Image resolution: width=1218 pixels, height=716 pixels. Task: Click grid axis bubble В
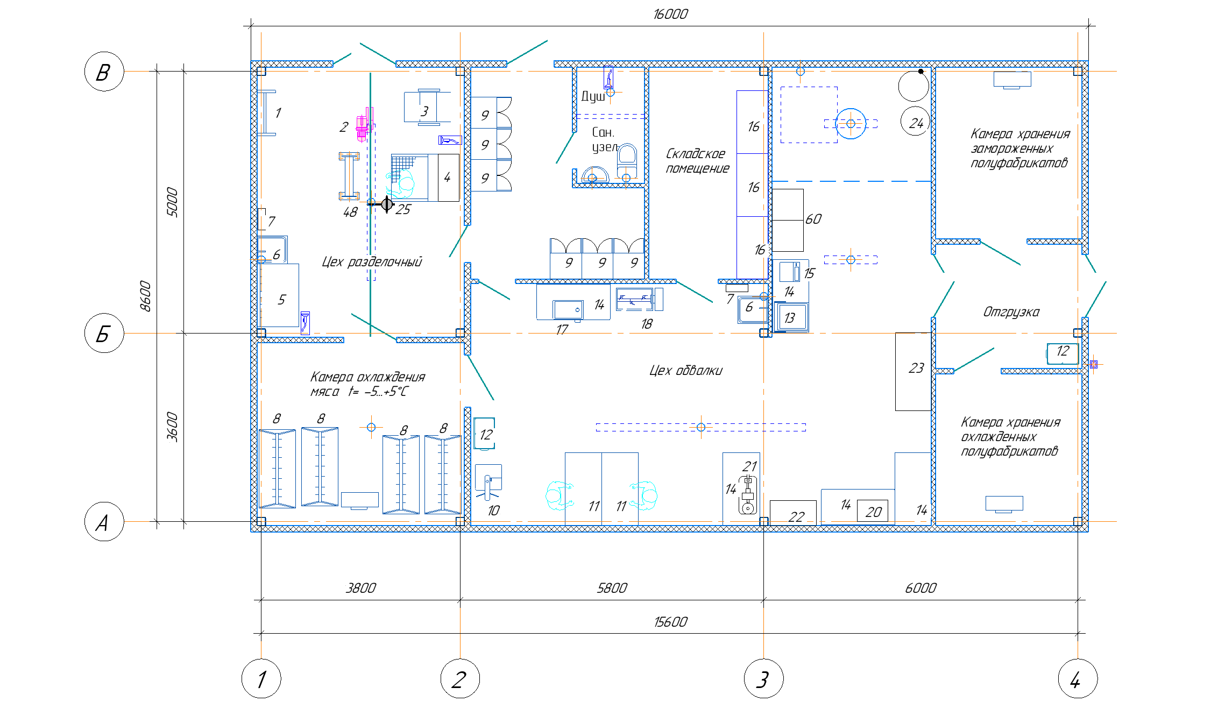click(x=104, y=72)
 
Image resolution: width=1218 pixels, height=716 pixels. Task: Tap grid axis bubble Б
click(x=104, y=333)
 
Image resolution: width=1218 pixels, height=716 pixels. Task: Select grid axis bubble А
click(x=104, y=521)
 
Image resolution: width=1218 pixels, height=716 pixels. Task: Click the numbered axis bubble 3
click(x=763, y=678)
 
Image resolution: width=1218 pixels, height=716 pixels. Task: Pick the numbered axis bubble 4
click(x=1078, y=678)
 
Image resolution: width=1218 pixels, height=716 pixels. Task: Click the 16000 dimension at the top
click(x=670, y=15)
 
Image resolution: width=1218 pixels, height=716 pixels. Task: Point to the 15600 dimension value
click(x=670, y=622)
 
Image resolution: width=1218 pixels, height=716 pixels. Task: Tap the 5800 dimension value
click(x=612, y=588)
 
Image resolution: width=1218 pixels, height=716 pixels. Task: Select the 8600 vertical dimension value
click(x=145, y=296)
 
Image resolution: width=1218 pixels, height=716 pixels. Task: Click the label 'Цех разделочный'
click(x=372, y=262)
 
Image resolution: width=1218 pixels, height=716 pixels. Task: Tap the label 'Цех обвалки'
click(x=686, y=371)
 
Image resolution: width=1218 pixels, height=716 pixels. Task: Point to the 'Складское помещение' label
click(x=697, y=161)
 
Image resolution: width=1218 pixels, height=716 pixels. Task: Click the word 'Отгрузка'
click(x=1011, y=312)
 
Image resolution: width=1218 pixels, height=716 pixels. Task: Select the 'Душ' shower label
click(x=593, y=96)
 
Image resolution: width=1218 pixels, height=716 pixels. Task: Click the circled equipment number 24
click(x=916, y=122)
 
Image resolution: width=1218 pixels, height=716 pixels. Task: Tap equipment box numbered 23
click(x=914, y=372)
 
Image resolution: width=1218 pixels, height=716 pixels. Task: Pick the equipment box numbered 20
click(x=873, y=512)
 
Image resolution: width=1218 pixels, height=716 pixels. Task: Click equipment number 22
click(x=796, y=517)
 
